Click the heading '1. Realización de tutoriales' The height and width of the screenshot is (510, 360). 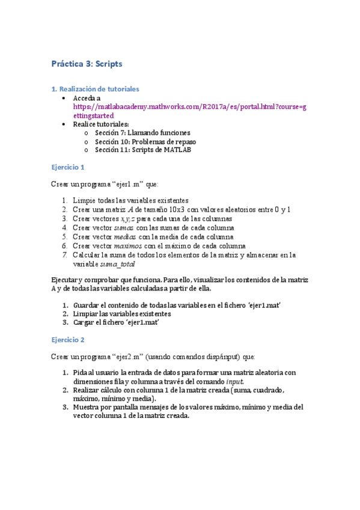pyautogui.click(x=95, y=88)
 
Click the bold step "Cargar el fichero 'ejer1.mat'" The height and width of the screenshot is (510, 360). pyautogui.click(x=118, y=322)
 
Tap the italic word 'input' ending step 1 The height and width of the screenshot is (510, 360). pyautogui.click(x=235, y=382)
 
